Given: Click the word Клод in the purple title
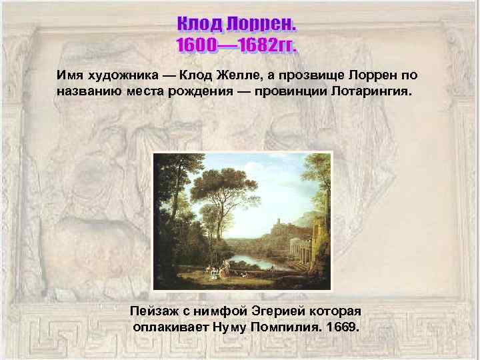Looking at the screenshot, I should (x=199, y=25).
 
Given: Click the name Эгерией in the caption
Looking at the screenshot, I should (x=275, y=311).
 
